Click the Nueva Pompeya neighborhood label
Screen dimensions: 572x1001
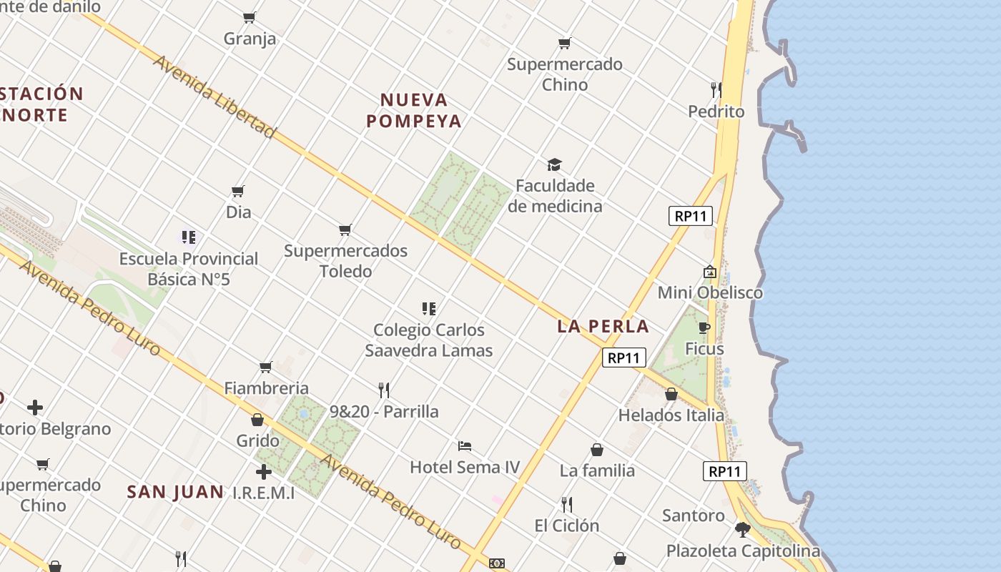[413, 110]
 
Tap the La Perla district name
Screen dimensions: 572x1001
[603, 327]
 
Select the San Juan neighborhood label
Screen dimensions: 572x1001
[175, 492]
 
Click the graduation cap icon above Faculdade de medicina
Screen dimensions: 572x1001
[554, 165]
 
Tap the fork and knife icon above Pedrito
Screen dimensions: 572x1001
[716, 89]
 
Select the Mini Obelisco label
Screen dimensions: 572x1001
[709, 292]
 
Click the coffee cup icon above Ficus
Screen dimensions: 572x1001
[704, 327]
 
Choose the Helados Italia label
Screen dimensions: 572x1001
[671, 415]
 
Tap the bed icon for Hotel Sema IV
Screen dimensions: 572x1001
[465, 446]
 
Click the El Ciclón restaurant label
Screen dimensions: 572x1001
[566, 526]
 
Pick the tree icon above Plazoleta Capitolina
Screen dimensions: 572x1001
[743, 530]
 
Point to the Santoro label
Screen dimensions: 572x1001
[693, 516]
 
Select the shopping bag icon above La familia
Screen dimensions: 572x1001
[597, 450]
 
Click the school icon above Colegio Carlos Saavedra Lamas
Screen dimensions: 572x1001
[429, 309]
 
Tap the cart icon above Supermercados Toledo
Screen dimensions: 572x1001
[345, 230]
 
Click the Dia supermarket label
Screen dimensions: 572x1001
[238, 212]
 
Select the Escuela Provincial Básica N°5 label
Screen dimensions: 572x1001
[189, 269]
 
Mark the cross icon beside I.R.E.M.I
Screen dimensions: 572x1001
[264, 472]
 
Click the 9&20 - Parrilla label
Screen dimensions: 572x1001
[384, 412]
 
